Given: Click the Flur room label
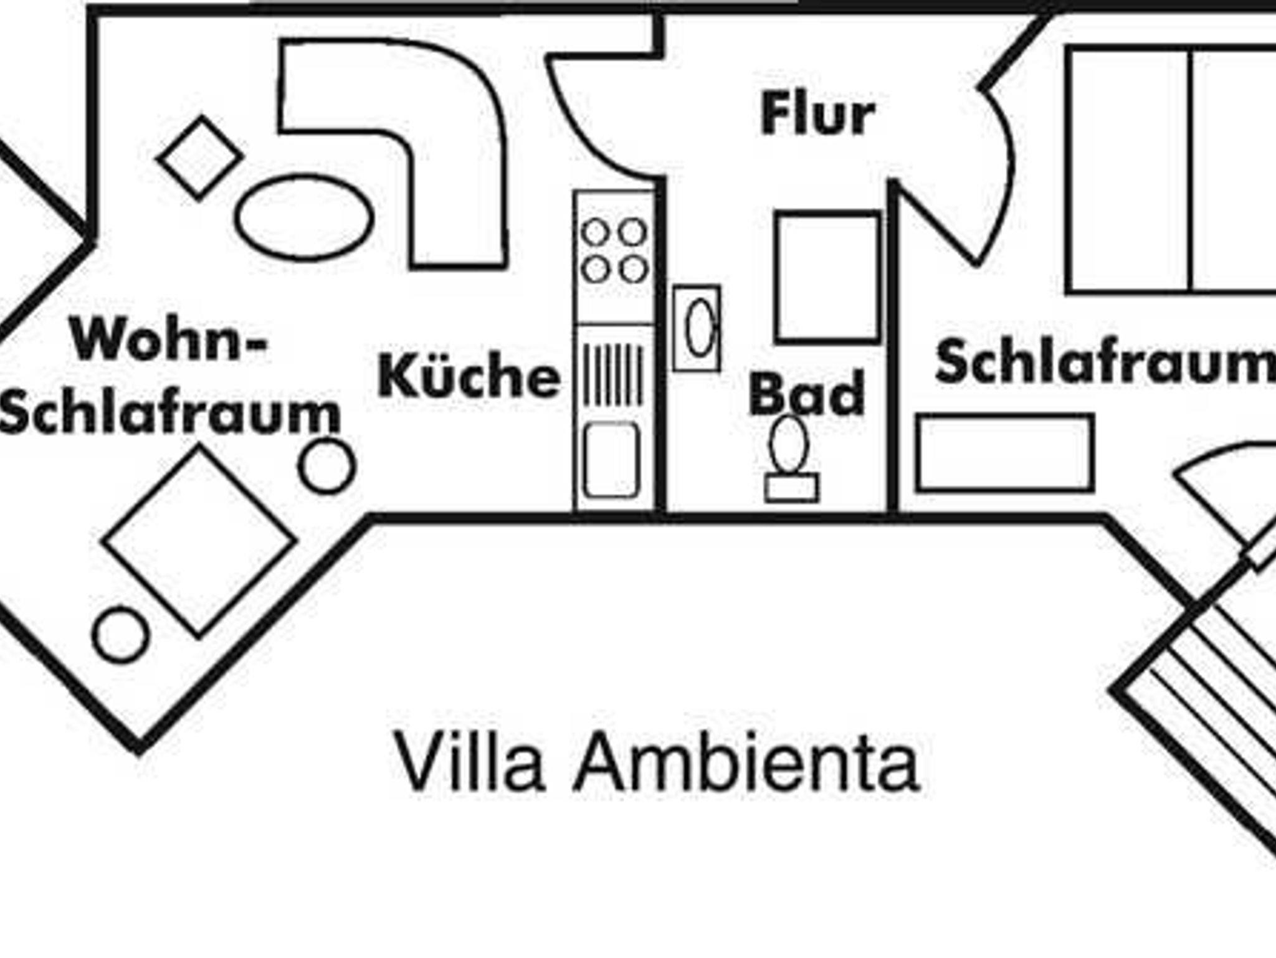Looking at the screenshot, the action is click(x=817, y=114).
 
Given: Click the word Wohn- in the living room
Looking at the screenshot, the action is click(x=168, y=339).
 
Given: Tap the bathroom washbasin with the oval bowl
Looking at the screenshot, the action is click(x=697, y=328).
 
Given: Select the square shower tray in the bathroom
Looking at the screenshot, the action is click(x=828, y=278).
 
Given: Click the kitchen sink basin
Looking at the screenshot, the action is click(x=612, y=460).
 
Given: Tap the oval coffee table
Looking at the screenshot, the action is click(x=304, y=218).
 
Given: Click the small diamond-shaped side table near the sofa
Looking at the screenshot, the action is click(x=201, y=158).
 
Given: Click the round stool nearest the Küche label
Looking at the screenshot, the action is click(x=327, y=466).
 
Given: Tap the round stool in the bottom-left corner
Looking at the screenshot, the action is click(x=121, y=635).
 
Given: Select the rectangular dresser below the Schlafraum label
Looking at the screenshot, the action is click(x=1005, y=453).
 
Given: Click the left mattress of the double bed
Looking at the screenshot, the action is click(x=1128, y=170).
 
